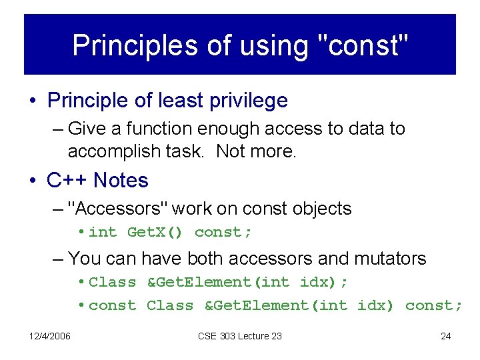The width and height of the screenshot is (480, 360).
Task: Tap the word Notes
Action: (121, 180)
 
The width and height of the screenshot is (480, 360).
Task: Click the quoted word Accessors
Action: (123, 209)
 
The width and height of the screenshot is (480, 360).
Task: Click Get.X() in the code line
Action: (157, 232)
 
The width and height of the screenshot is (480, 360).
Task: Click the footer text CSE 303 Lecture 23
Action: (240, 336)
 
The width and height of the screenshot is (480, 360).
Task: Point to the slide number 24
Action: (446, 336)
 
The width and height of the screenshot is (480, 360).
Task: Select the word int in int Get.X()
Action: (103, 232)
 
